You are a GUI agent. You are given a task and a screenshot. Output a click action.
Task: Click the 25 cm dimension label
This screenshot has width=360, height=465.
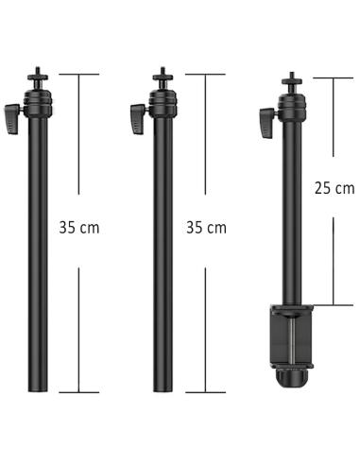[334, 188]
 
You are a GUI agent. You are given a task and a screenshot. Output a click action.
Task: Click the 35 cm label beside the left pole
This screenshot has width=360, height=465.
[79, 228]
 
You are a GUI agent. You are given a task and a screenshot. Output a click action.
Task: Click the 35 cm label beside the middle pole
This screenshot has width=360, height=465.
[206, 228]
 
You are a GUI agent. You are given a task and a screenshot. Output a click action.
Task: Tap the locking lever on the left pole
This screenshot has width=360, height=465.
[12, 119]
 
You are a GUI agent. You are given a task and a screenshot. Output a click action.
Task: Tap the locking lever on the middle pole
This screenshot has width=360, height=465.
[138, 119]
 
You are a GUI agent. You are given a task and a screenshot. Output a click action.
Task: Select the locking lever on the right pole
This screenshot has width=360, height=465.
[267, 122]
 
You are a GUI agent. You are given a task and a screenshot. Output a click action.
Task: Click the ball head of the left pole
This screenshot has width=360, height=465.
[38, 103]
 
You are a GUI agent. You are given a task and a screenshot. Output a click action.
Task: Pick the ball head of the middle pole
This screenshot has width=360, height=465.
[163, 103]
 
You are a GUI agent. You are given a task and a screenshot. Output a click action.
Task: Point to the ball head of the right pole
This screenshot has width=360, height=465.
[292, 107]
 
